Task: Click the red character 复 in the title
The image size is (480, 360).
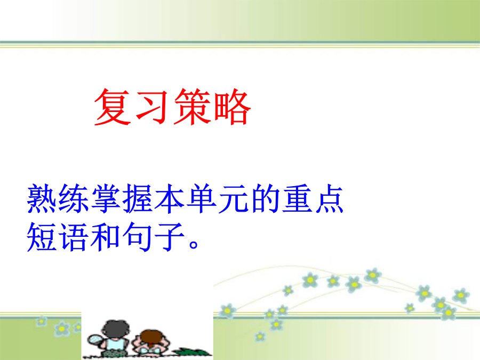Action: pyautogui.click(x=113, y=107)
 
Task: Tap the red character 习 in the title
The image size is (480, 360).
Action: pyautogui.click(x=152, y=107)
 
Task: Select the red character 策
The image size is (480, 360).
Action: pyautogui.click(x=192, y=107)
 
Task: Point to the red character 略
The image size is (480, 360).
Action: pyautogui.click(x=233, y=107)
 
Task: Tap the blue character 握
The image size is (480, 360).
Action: pyautogui.click(x=138, y=199)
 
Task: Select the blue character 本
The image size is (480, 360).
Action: pyautogui.click(x=170, y=199)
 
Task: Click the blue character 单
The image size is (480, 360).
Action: pyautogui.click(x=202, y=199)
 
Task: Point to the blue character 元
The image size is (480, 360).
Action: pyautogui.click(x=233, y=199)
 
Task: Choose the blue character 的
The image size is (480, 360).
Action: pyautogui.click(x=266, y=199)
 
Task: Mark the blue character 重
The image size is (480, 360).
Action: pyautogui.click(x=297, y=199)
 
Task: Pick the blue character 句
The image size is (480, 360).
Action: pyautogui.click(x=138, y=237)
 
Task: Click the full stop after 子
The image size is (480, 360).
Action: pyautogui.click(x=194, y=245)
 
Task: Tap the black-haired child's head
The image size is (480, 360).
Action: pyautogui.click(x=116, y=330)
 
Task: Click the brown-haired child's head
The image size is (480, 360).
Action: pyautogui.click(x=151, y=338)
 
